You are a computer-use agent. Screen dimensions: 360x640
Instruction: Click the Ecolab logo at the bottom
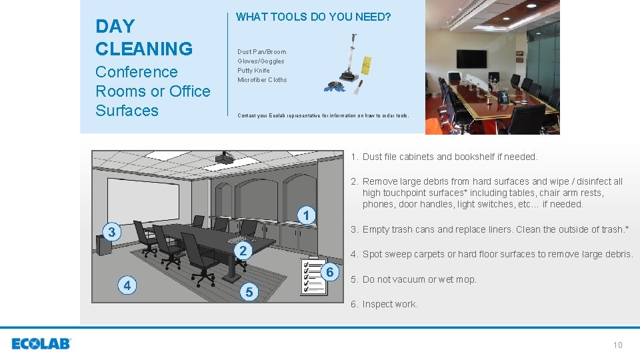41,344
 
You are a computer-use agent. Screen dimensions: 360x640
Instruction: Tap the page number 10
617,345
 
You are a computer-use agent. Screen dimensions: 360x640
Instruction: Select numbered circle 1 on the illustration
305,216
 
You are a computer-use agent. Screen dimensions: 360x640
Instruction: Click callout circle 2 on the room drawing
244,251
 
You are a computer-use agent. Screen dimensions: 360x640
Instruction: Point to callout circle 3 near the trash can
113,232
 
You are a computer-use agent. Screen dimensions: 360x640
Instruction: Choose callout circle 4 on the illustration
127,285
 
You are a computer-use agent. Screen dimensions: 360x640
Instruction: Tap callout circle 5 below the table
249,292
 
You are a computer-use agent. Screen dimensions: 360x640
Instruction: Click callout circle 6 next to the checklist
329,272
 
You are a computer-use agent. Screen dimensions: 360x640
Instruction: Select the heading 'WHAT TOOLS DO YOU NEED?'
313,17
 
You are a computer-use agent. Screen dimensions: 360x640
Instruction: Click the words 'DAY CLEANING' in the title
144,37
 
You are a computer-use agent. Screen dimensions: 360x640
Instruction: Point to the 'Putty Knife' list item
253,70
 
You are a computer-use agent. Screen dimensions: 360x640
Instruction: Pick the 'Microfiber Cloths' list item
262,79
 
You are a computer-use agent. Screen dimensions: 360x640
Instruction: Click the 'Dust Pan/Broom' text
261,51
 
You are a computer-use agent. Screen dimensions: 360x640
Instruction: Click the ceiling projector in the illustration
224,157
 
